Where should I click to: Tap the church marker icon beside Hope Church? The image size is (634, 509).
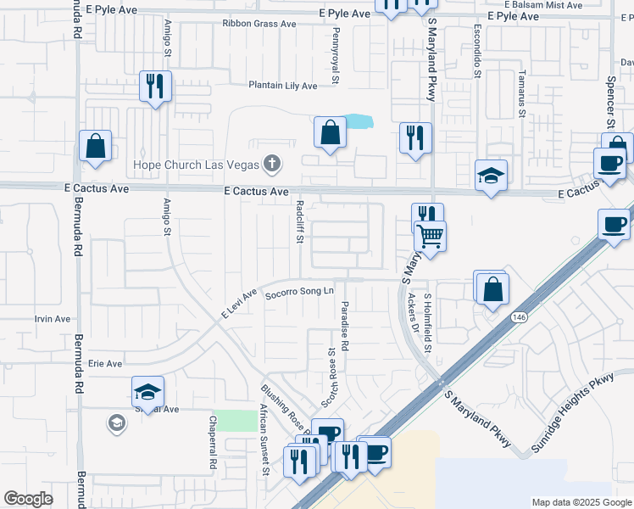[272, 161]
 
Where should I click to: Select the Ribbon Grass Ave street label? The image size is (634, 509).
[259, 24]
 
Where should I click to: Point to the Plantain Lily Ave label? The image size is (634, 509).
[282, 86]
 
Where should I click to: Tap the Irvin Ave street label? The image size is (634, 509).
[52, 319]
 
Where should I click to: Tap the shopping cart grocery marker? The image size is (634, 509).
[431, 235]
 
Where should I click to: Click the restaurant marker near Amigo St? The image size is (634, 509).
[155, 86]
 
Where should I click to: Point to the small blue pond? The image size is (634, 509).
[359, 121]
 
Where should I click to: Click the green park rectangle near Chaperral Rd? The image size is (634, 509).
[235, 421]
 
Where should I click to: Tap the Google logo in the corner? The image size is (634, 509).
[28, 499]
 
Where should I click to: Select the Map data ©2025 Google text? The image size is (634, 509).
[581, 502]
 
